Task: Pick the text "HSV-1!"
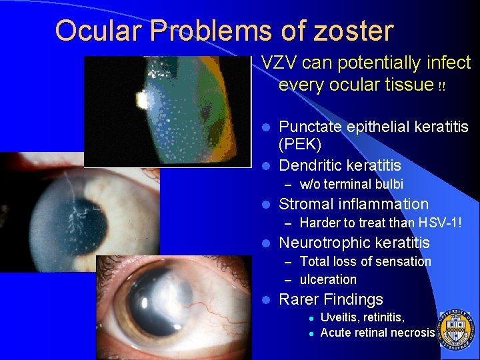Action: point(439,223)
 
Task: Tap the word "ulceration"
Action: point(328,279)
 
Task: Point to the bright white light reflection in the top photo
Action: point(142,101)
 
